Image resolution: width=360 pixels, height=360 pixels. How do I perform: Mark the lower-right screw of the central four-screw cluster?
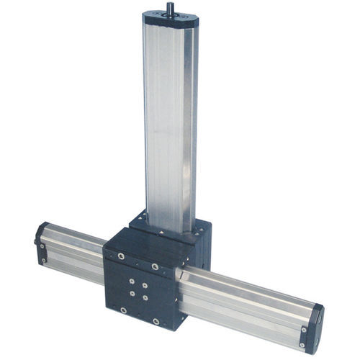pyautogui.click(x=146, y=297)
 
